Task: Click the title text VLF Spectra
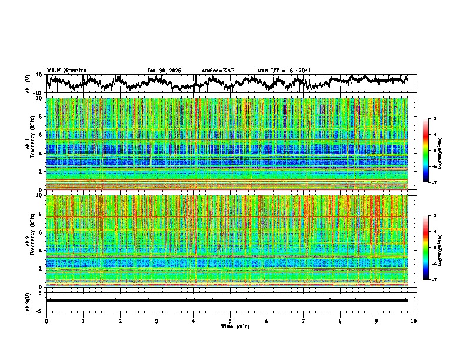[66, 70]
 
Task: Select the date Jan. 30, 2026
[164, 71]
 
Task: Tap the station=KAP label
[218, 71]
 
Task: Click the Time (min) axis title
[230, 326]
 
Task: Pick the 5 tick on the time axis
[230, 321]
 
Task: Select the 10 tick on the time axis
[414, 321]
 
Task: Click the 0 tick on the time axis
[46, 321]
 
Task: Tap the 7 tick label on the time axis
[304, 321]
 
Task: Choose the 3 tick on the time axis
[157, 321]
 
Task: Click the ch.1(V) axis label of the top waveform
[28, 84]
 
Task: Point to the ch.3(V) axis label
[28, 301]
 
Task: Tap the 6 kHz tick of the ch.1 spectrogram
[41, 135]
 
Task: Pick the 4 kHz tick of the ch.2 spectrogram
[41, 251]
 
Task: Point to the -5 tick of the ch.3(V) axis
[40, 309]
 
